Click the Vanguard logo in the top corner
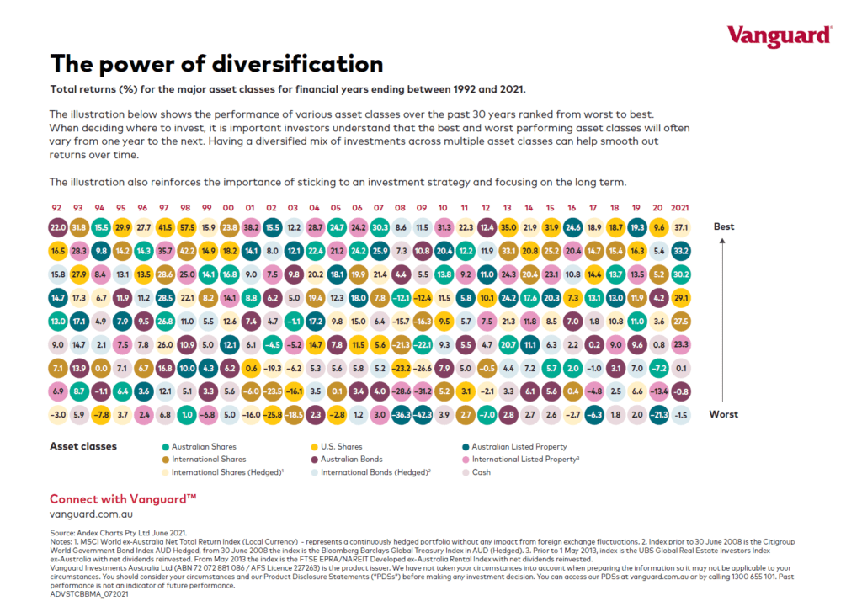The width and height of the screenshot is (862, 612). (779, 35)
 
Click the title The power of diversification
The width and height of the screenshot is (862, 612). (216, 64)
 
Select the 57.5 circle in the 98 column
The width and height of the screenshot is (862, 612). (188, 226)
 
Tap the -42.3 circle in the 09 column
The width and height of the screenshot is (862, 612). (423, 414)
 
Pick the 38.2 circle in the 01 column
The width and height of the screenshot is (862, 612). (251, 226)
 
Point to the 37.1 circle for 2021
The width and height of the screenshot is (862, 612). (680, 226)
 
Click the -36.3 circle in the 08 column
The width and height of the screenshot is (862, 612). (401, 414)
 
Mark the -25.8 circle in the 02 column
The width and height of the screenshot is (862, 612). (273, 414)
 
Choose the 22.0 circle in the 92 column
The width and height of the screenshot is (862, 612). (57, 226)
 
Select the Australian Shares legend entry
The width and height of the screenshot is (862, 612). (204, 446)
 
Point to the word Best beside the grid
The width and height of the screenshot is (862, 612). (724, 226)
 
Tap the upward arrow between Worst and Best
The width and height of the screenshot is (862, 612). (723, 320)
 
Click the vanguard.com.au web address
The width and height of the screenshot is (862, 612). (90, 513)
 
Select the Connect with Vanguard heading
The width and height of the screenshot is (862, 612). (123, 498)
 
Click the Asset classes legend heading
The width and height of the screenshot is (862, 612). (83, 446)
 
